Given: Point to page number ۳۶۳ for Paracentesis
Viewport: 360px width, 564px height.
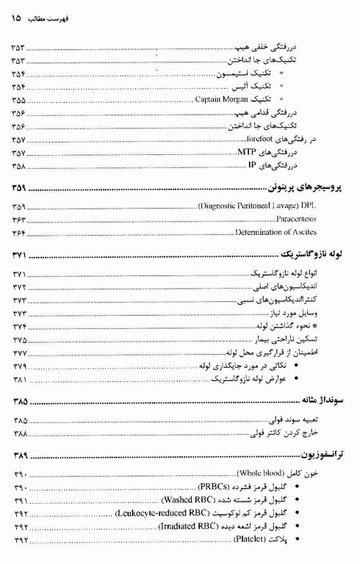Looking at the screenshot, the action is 19,220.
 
